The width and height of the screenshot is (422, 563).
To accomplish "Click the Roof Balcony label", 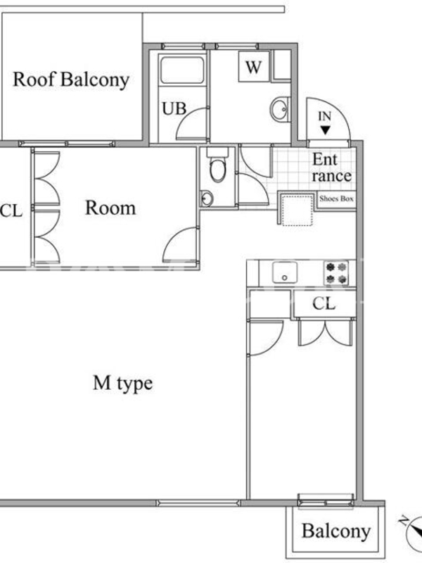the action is pos(71,80).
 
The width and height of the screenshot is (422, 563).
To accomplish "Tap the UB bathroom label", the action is pos(174,109).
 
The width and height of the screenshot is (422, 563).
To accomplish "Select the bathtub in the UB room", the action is pos(182,70).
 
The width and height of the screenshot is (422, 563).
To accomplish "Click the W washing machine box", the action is pos(253,67).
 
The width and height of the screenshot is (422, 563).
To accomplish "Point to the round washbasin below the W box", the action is pos(280,109).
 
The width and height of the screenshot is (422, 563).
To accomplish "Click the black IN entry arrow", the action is pos(325,130).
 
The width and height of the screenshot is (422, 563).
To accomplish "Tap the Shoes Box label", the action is pos(336,198).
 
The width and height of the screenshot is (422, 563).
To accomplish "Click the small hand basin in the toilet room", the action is pos(206,198).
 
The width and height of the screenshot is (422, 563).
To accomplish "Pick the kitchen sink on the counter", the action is pos(285,272).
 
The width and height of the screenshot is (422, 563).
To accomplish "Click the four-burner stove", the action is pos(337,272).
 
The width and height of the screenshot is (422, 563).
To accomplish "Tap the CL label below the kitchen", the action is pos(324,304).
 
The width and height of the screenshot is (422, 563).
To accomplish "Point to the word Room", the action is pos(110,208).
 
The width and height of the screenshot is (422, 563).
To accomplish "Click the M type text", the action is pos(122,384).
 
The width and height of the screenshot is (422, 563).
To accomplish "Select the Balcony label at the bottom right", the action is pos(336,531).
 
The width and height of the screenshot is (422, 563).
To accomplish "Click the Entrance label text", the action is pos(331,167).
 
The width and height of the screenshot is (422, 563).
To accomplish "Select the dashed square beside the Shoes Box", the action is pos(297,210).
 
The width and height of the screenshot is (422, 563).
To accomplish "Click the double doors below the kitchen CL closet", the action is pos(325,332).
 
